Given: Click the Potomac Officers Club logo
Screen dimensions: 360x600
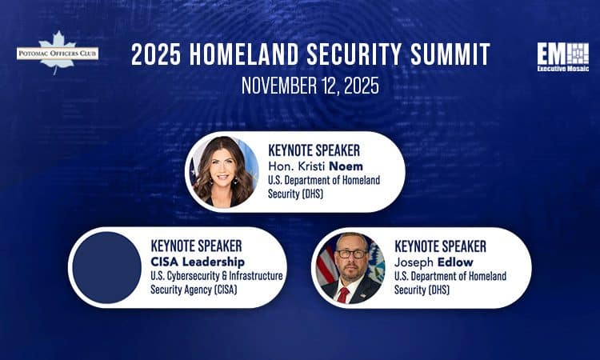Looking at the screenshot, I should tap(57, 53).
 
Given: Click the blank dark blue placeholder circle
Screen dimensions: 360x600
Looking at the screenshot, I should tap(105, 268).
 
